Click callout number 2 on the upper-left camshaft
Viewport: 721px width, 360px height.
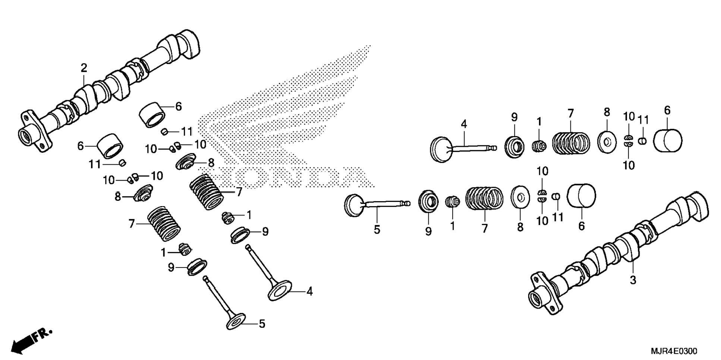pos(84,68)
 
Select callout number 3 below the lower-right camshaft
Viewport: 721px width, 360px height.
pos(633,280)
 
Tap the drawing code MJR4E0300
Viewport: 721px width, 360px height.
pos(674,351)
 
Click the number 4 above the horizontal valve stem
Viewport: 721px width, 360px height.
pos(464,124)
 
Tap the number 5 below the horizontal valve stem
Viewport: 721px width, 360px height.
pos(377,230)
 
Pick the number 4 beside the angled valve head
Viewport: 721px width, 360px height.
pos(309,291)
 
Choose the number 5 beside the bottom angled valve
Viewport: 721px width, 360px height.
pos(262,324)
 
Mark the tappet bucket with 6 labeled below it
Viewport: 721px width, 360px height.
pos(581,196)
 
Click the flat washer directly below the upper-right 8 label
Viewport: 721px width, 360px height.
pos(606,142)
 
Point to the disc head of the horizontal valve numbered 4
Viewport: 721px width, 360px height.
pos(441,149)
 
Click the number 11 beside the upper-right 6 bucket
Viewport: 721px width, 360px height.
pos(643,120)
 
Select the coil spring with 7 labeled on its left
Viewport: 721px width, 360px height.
pos(164,224)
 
